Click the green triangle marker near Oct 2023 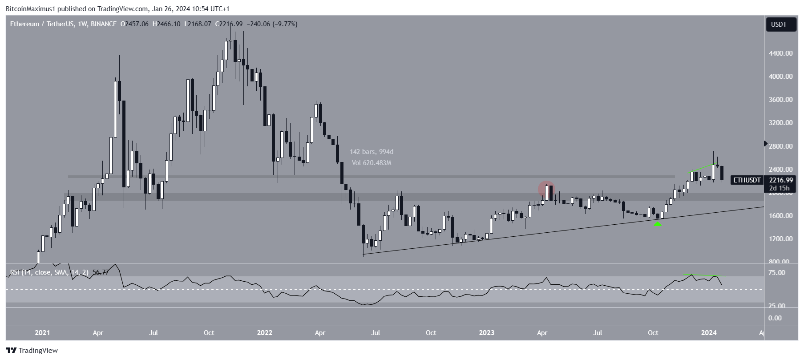coord(658,224)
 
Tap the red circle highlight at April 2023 coord(546,189)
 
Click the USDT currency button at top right coord(778,24)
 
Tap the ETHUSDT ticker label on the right coord(747,180)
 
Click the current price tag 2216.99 coord(781,180)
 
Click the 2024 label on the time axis coord(708,333)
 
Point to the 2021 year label coord(42,333)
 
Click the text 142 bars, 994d coord(372,152)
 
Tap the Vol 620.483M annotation coord(372,163)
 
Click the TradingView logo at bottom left coord(32,351)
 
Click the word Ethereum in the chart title coord(24,24)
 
